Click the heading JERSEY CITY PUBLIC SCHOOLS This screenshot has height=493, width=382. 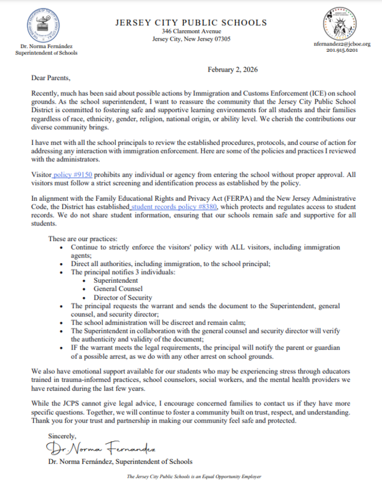click(191, 23)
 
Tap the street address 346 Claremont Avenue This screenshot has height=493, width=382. click(191, 31)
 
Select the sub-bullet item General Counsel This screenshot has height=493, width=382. click(119, 288)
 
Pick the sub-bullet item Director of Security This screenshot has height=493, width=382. click(122, 296)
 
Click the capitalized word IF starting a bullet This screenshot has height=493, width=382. click(75, 347)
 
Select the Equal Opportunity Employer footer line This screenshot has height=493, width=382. click(191, 477)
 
